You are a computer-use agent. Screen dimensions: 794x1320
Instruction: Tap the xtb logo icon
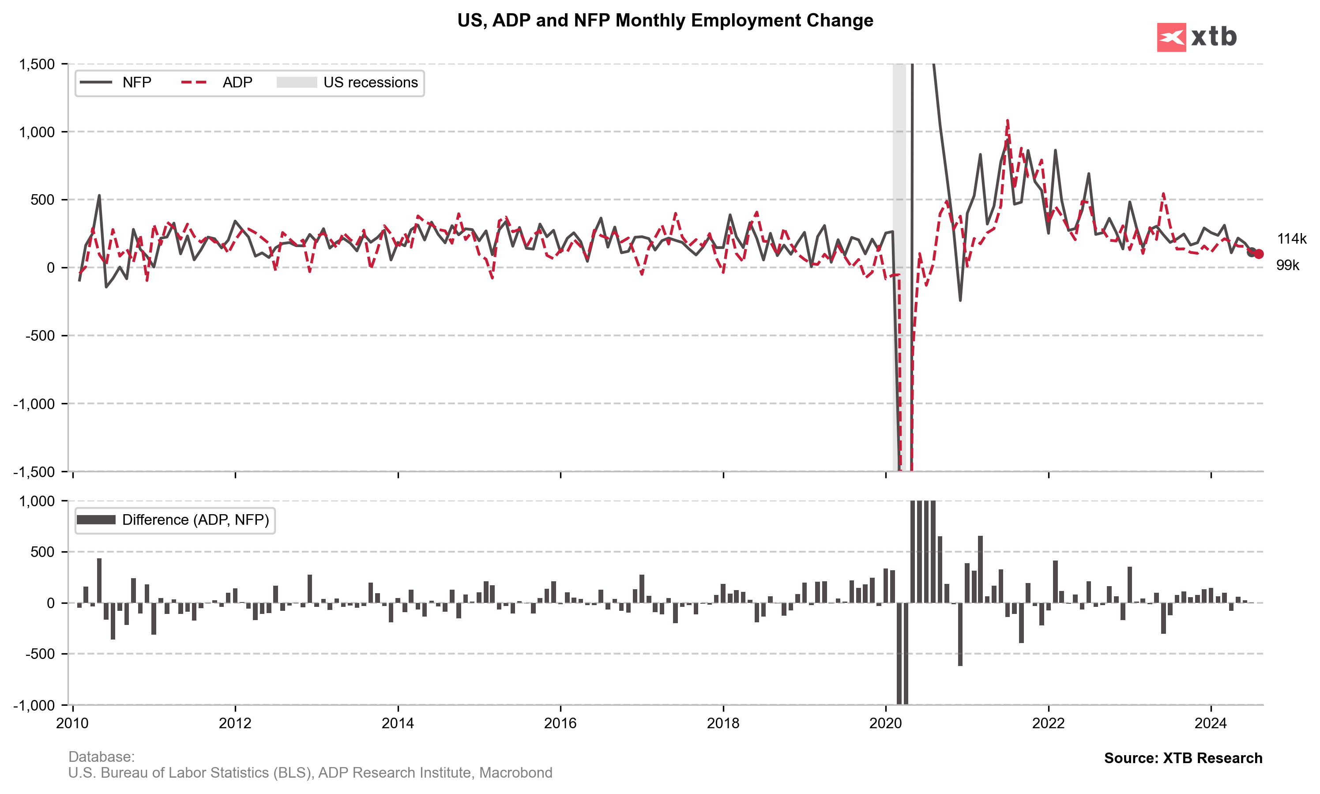(1171, 38)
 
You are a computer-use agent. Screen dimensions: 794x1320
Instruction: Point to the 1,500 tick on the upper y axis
(37, 64)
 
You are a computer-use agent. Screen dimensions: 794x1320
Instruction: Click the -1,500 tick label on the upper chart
(34, 472)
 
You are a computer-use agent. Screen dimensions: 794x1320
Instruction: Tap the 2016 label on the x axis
(560, 723)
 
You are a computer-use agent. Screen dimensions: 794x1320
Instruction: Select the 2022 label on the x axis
(1048, 723)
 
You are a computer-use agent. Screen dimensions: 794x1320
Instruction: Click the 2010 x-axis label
(72, 723)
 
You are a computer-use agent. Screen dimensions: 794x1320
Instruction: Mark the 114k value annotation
(1291, 239)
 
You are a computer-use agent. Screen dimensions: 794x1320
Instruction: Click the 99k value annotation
(1287, 265)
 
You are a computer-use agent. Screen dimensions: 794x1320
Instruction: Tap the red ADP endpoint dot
(1259, 254)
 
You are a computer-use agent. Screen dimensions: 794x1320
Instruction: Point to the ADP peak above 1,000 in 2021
(1008, 121)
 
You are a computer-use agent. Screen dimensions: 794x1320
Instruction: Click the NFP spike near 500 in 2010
(99, 196)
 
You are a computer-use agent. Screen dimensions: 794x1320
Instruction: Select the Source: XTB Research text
(1183, 758)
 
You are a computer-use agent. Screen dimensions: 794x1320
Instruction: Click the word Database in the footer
(101, 757)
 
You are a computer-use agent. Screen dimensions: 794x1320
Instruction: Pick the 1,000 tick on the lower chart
(37, 501)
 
